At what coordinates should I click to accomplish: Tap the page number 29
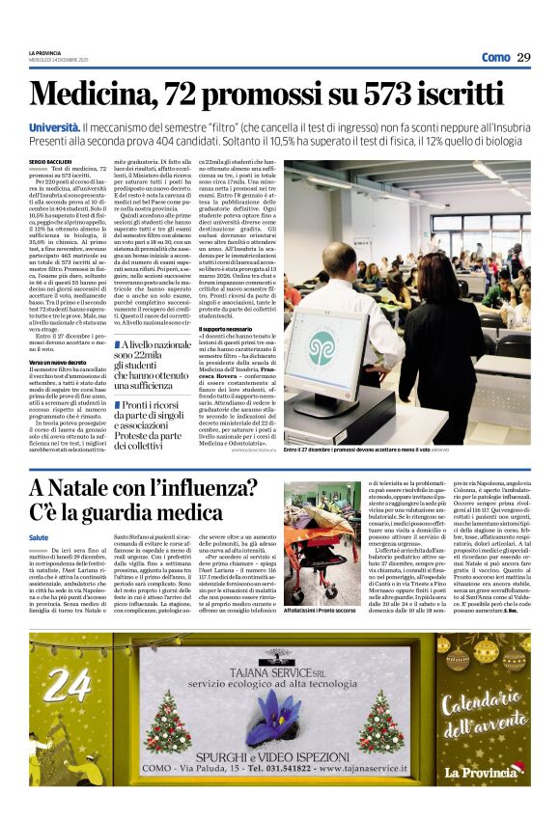click(522, 57)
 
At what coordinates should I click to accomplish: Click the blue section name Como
click(495, 57)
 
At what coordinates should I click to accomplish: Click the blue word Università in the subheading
click(54, 126)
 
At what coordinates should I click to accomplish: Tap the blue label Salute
click(39, 536)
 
